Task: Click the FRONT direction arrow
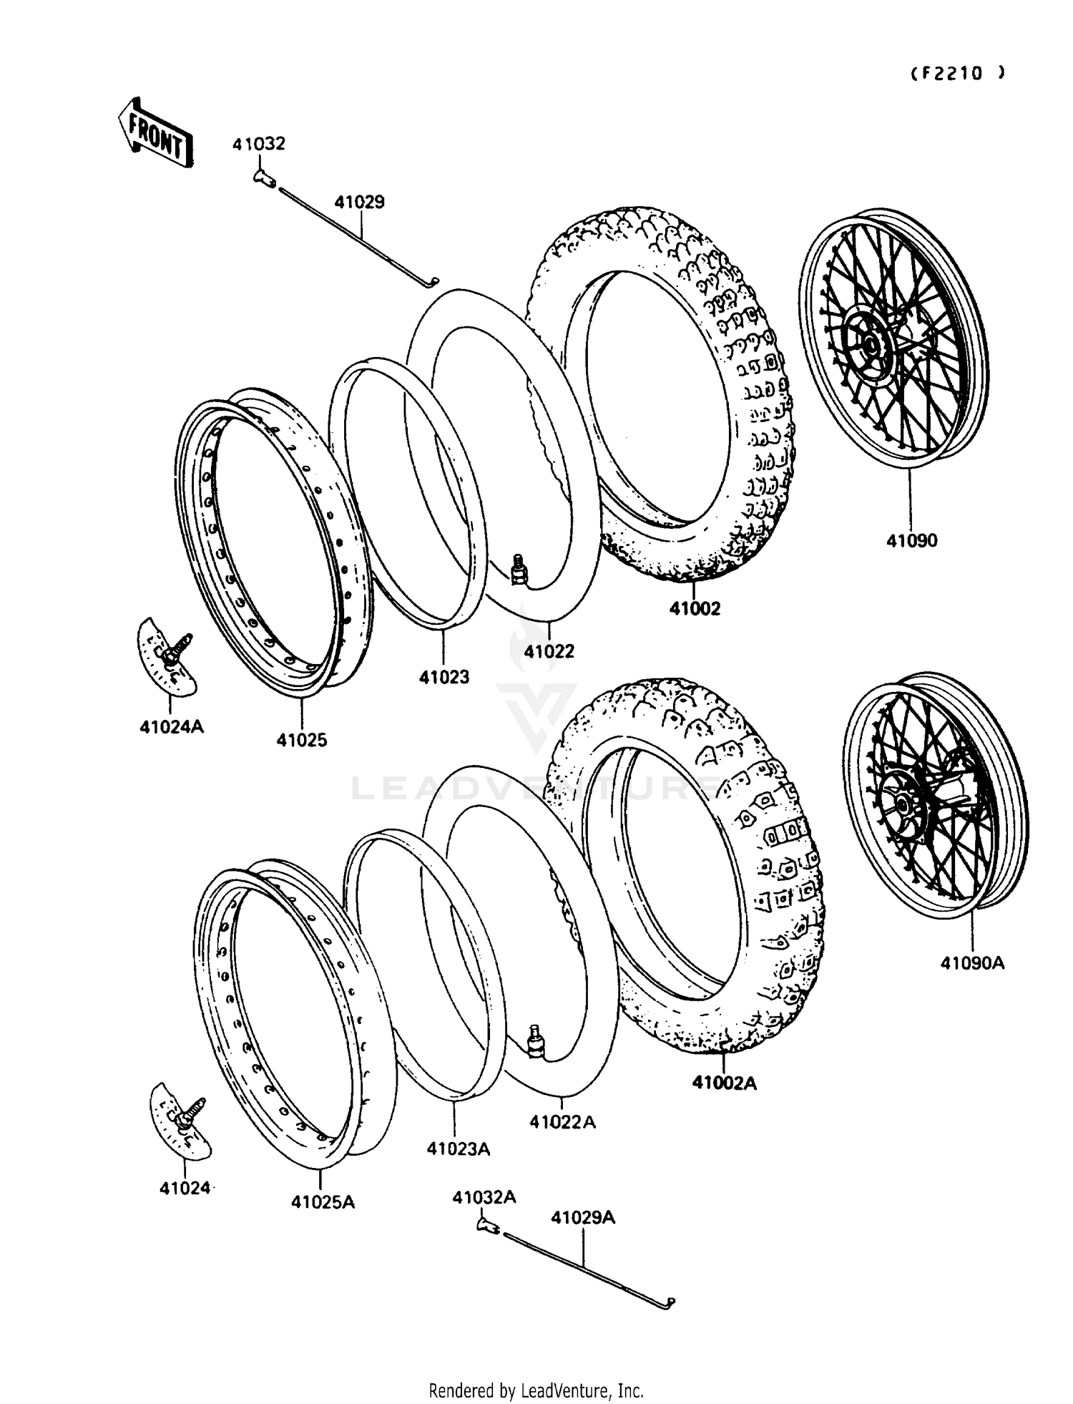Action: (155, 133)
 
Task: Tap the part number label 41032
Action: (258, 144)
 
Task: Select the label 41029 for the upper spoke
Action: (359, 203)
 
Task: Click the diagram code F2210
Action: (958, 73)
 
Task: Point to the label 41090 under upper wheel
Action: (911, 541)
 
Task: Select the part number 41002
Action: (695, 609)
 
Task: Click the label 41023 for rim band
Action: (444, 677)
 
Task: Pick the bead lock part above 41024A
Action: (167, 656)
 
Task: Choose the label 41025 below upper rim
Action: (302, 741)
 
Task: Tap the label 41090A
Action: (972, 964)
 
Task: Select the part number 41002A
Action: (724, 1083)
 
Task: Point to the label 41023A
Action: (458, 1149)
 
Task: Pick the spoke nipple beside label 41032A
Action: (488, 1227)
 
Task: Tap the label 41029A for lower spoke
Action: (583, 1217)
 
